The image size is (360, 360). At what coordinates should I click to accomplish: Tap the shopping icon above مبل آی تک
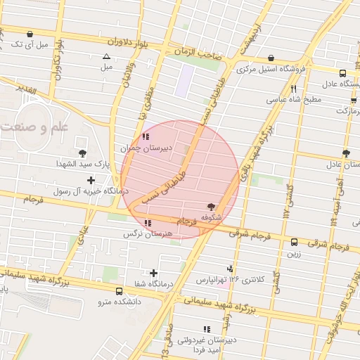[30, 34]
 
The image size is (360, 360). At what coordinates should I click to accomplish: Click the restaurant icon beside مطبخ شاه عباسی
[293, 89]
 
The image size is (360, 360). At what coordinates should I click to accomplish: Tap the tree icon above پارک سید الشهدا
[83, 153]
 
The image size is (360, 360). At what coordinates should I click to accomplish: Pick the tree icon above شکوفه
[212, 207]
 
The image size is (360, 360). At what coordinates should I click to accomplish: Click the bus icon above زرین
[294, 243]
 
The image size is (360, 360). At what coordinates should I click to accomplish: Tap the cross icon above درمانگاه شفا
[154, 272]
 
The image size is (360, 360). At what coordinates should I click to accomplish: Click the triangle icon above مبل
[106, 56]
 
